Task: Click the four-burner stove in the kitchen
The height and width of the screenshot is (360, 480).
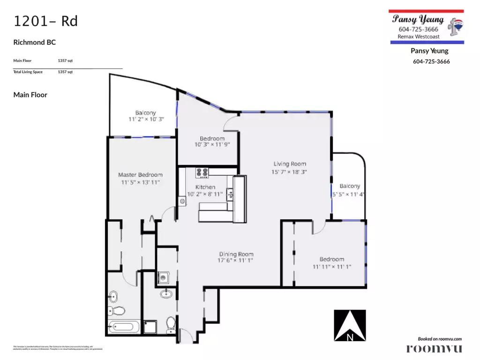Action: click(202, 173)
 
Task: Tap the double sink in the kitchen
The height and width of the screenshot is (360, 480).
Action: click(230, 193)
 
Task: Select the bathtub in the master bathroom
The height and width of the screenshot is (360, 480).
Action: click(124, 327)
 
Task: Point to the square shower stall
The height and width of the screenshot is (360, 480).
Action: click(150, 327)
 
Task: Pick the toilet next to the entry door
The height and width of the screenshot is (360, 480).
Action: click(171, 323)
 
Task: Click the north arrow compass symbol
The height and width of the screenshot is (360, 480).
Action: click(350, 325)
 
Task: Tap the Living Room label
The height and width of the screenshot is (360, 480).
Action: click(290, 164)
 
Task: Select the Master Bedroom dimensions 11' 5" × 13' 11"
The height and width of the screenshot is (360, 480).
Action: click(140, 182)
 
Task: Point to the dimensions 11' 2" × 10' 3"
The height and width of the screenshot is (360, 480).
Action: click(145, 120)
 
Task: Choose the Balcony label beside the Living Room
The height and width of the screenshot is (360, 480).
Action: click(350, 186)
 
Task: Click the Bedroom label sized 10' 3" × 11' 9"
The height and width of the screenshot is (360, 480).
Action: click(212, 139)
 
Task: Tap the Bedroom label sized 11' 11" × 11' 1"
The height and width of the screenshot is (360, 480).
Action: click(331, 259)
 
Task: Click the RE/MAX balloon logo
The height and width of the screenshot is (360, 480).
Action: click(455, 26)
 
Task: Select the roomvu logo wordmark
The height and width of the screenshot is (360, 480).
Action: click(434, 348)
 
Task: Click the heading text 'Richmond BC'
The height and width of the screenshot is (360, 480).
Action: click(35, 42)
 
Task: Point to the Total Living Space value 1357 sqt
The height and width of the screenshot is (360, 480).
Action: click(65, 72)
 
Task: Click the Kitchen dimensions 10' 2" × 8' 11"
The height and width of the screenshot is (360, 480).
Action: click(205, 194)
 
